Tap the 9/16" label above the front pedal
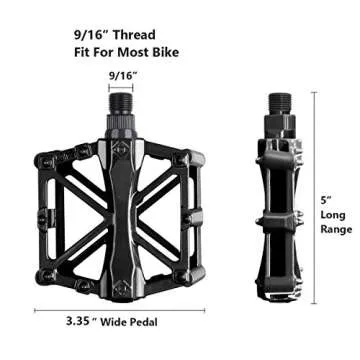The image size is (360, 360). tap(122, 75)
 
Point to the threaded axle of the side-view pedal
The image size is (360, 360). tap(279, 104)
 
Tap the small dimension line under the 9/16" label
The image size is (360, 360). tap(122, 89)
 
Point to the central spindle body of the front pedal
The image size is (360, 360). tap(122, 210)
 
